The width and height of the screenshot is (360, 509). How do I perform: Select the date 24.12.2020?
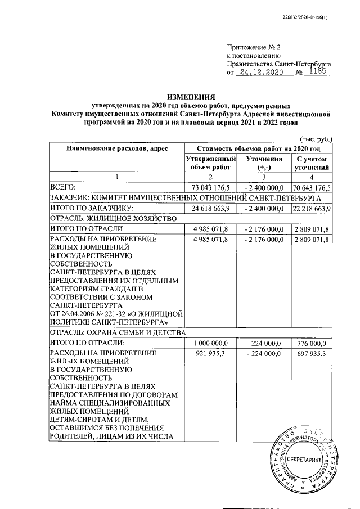(x=260, y=73)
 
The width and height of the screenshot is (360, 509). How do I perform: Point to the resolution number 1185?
(x=319, y=72)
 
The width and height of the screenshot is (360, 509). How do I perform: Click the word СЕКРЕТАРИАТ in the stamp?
(x=303, y=460)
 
